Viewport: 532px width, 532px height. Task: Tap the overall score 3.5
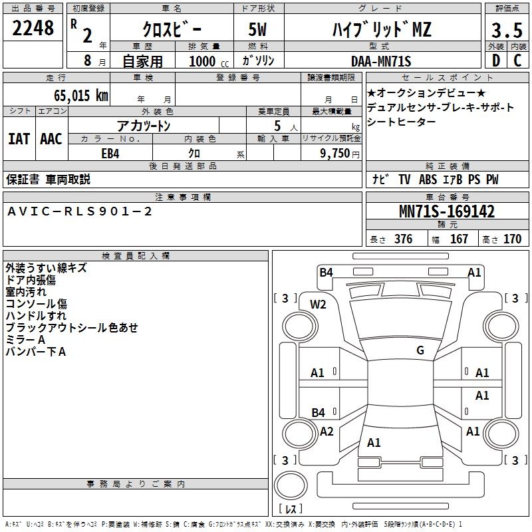(505, 30)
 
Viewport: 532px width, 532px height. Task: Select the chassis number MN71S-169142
(446, 211)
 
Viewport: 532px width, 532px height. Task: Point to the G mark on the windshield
(420, 350)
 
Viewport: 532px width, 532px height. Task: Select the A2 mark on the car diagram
(326, 432)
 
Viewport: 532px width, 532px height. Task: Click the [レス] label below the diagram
(293, 509)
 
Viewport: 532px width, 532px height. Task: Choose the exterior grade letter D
(496, 61)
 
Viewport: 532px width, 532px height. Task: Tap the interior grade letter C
(517, 61)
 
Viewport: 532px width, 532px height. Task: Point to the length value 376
(403, 239)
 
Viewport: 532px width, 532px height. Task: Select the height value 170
(512, 239)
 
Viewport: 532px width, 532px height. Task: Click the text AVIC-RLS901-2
(80, 211)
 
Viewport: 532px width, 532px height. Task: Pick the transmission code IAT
(19, 139)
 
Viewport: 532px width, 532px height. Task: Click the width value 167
(459, 239)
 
